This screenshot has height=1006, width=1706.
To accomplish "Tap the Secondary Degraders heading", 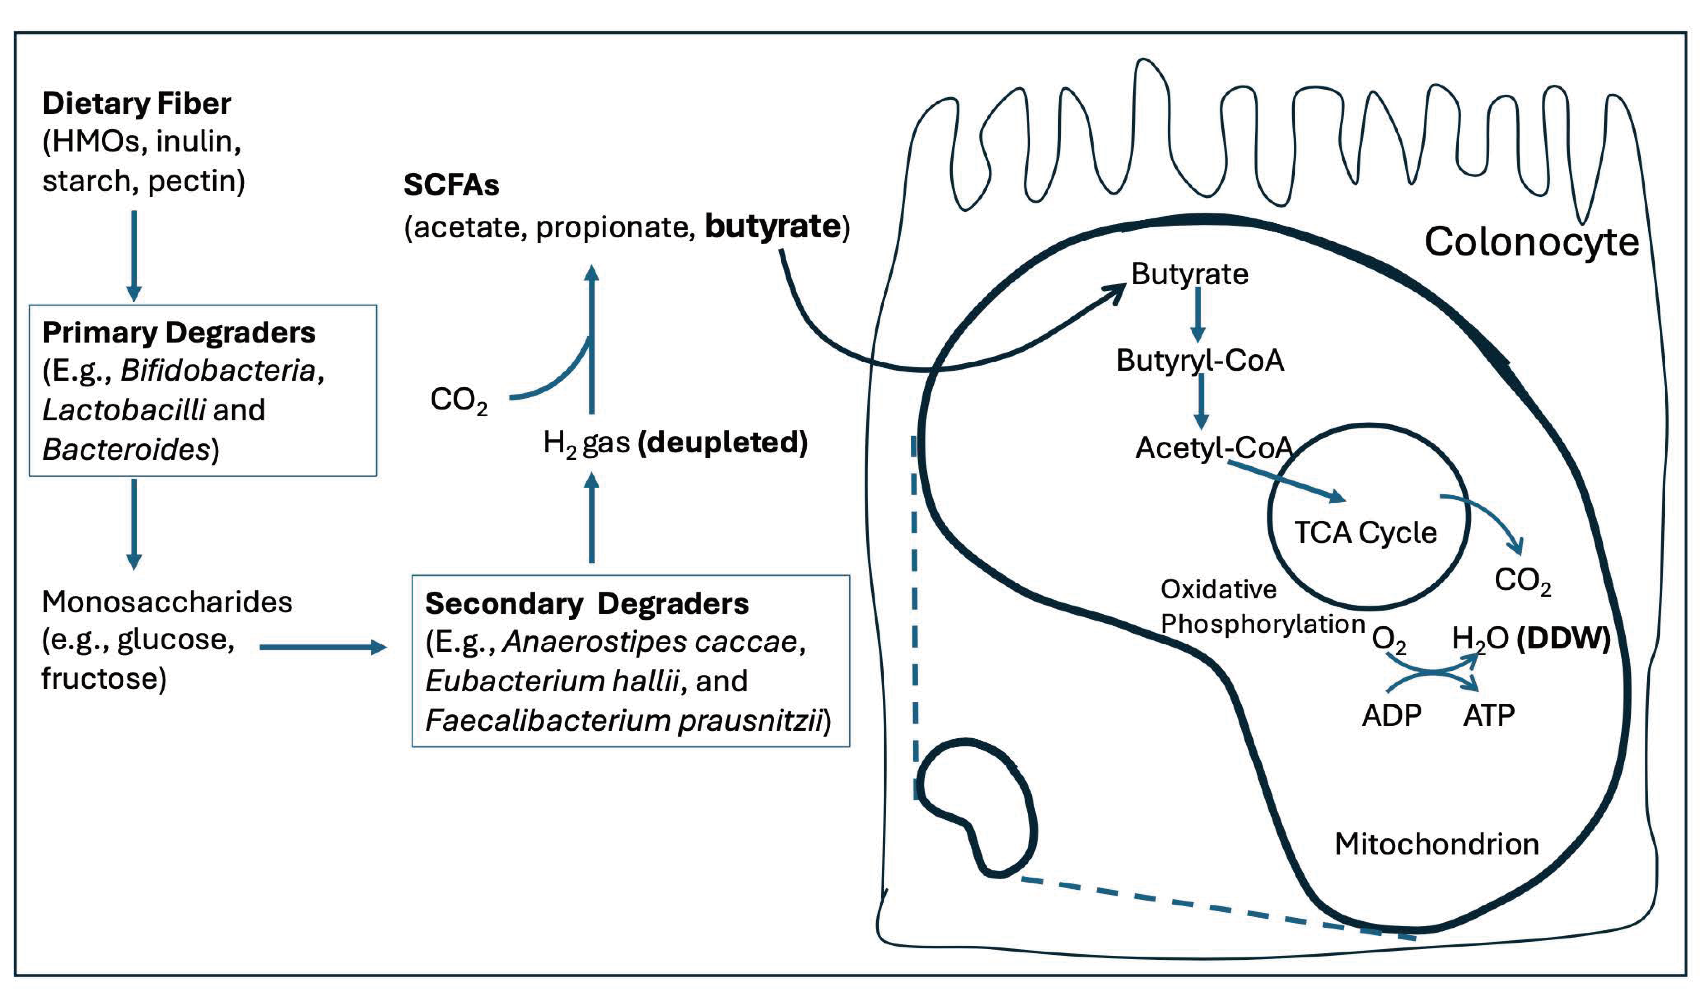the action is point(587,603).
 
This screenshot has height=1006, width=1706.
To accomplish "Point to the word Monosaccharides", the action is point(167,602).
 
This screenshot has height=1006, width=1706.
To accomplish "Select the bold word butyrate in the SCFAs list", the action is point(772,226).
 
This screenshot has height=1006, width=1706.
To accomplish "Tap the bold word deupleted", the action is point(723,443).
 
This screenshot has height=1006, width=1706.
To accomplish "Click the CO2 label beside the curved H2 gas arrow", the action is point(458,400).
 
